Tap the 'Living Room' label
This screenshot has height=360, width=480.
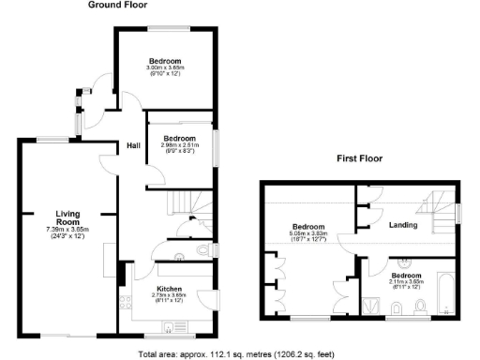click(67, 217)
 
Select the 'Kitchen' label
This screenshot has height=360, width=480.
click(170, 288)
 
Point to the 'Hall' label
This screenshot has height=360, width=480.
click(134, 145)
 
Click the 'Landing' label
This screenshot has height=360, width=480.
click(403, 226)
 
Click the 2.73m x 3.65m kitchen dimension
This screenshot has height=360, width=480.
click(170, 296)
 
